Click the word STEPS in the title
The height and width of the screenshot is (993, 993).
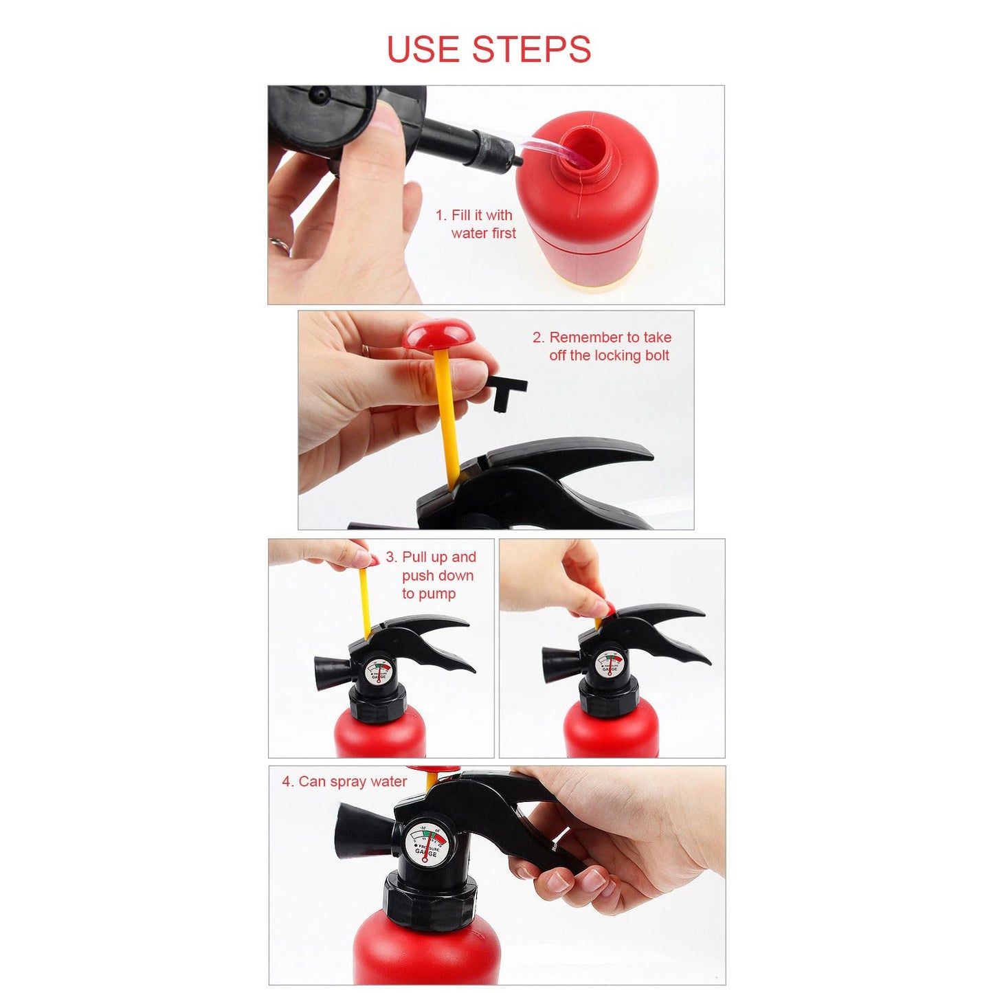(531, 49)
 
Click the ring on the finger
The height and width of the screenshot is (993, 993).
(278, 244)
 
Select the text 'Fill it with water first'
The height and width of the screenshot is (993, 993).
(476, 224)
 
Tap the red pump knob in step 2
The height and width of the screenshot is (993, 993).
(436, 335)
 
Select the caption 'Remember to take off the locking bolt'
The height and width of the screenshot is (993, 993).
(602, 346)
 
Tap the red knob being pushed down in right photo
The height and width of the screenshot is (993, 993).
(605, 609)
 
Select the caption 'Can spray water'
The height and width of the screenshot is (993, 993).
(344, 781)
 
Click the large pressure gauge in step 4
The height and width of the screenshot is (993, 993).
(425, 845)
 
